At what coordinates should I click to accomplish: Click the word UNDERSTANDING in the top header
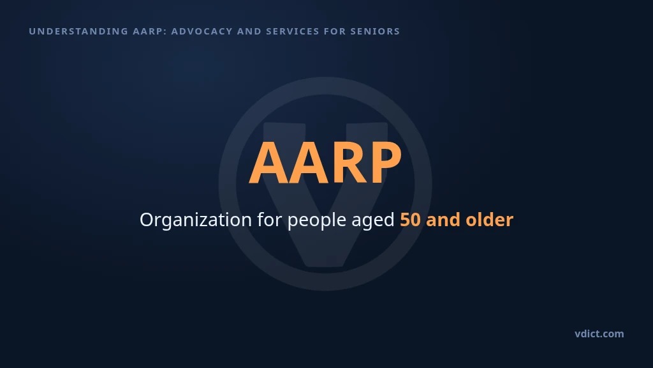78,31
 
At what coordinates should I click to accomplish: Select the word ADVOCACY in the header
202,31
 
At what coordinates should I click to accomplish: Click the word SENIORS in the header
375,31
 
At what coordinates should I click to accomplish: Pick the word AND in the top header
249,31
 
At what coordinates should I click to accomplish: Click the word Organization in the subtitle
196,220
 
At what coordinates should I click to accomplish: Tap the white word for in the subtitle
270,220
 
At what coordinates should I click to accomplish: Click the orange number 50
410,220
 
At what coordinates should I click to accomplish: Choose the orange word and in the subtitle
443,220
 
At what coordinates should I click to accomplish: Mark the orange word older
489,220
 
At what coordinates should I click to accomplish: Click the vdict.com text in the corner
599,333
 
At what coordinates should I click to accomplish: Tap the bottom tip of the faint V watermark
325,266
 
